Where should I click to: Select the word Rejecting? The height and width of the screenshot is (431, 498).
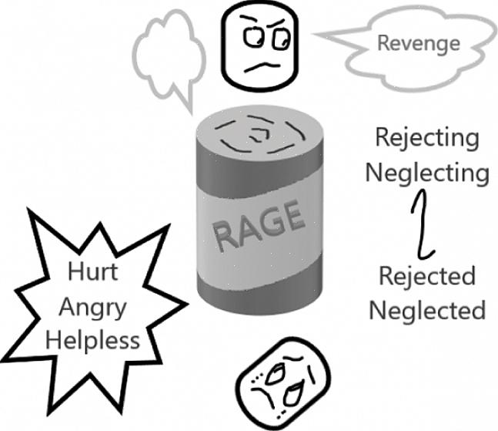click(426, 138)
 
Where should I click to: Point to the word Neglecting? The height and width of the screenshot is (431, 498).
click(426, 172)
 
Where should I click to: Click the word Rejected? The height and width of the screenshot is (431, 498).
click(426, 275)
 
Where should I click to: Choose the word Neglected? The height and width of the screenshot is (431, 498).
click(426, 310)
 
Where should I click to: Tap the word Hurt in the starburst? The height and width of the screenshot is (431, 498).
click(92, 271)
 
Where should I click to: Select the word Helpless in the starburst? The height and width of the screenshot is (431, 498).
click(92, 340)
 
